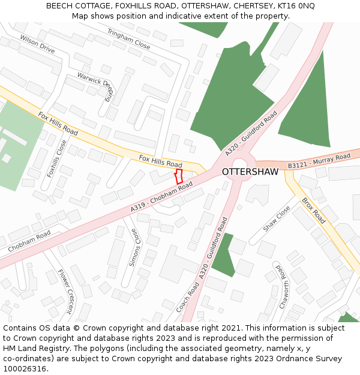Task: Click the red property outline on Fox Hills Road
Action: point(178,176)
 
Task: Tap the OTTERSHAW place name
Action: point(250,172)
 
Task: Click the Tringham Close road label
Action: point(128,38)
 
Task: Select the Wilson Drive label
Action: point(37,44)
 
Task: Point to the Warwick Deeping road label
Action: point(96,85)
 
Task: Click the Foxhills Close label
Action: point(58,158)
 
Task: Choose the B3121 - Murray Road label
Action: point(319,160)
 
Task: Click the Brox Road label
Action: point(313,210)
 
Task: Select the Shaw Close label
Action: point(277,220)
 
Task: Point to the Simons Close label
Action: point(134,247)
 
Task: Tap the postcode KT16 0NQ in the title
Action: point(294,6)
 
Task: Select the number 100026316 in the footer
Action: point(25,368)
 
